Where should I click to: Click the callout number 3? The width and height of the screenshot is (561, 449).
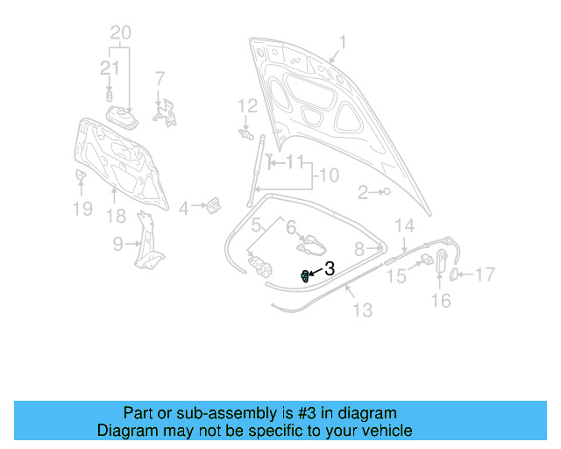coord(330,269)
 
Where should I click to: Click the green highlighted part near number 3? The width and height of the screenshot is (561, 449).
coord(304,276)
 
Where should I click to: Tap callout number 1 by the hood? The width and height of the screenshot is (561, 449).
coord(343,41)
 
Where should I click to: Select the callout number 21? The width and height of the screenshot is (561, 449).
coord(110,69)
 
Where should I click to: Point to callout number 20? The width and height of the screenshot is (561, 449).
coord(121,32)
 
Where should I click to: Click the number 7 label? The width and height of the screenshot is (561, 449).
coord(160,78)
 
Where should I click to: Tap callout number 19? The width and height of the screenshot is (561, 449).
coord(82,209)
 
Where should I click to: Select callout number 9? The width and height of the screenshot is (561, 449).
coord(118,245)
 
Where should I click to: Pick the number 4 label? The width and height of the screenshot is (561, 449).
coord(184,209)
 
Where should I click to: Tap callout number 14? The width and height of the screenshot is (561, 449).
coord(403,225)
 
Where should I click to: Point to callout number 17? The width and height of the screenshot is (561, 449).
coord(486,275)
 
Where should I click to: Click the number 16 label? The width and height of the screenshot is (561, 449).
coord(441,301)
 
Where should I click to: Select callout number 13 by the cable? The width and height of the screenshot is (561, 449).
coord(362,310)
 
